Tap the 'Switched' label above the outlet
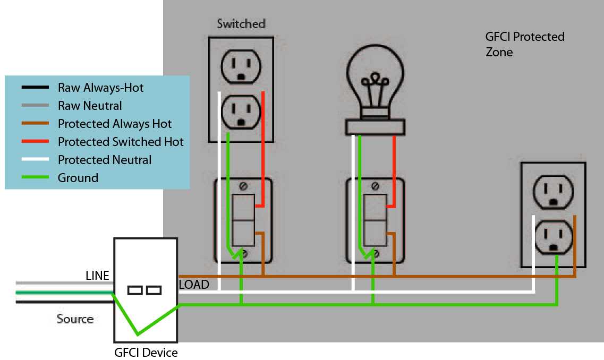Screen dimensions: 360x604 [x=241, y=24]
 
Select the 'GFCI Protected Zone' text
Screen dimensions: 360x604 [x=524, y=44]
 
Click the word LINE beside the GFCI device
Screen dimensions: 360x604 [x=97, y=276]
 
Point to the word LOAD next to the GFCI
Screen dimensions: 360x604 [x=193, y=285]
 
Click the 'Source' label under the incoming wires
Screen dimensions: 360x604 [x=75, y=319]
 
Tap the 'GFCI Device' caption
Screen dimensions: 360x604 [x=146, y=353]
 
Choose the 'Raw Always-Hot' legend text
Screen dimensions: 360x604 [x=100, y=88]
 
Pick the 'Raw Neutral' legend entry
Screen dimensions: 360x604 [x=90, y=106]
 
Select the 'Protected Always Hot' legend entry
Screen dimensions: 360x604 [x=115, y=124]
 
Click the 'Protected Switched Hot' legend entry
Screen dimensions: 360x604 [x=121, y=142]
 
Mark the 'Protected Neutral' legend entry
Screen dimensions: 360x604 [x=105, y=160]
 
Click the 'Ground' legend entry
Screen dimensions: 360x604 [x=78, y=178]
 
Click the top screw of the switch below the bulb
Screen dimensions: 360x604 [x=375, y=186]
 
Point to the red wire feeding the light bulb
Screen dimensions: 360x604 [x=394, y=170]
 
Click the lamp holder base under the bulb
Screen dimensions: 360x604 [x=375, y=127]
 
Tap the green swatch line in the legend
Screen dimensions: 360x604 [x=36, y=178]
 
